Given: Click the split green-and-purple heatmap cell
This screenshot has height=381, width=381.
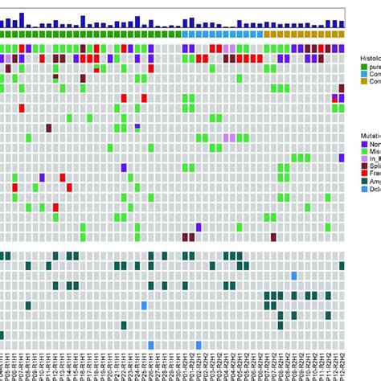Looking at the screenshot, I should point(137,127).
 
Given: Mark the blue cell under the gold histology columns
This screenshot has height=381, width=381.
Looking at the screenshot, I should point(294,276).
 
